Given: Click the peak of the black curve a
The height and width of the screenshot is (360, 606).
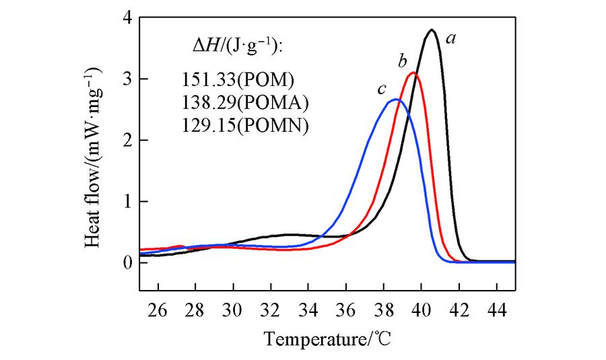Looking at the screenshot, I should click(432, 30).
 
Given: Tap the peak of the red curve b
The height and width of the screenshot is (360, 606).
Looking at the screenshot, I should click(413, 73).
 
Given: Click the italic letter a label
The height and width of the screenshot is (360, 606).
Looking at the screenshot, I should click(452, 39).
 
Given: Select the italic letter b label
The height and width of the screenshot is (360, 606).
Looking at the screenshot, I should click(402, 62).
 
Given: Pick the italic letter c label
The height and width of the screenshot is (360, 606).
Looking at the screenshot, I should click(381, 89).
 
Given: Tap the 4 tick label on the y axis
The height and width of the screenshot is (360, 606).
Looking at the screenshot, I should click(127, 18).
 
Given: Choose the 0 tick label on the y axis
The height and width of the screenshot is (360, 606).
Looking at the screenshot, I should click(127, 262).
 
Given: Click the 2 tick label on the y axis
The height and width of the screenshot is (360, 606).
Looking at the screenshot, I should click(127, 140).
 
